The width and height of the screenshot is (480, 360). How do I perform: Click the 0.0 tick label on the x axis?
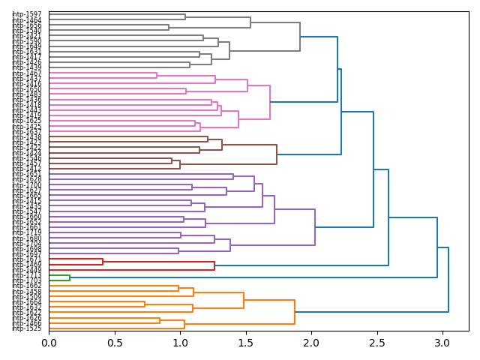(49, 343)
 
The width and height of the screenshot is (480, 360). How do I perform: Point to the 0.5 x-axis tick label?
(114, 343)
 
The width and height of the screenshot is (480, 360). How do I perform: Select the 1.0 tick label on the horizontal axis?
(180, 343)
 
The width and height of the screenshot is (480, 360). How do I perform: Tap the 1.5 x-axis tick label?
(245, 343)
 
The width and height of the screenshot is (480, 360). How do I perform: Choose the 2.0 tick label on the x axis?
(311, 343)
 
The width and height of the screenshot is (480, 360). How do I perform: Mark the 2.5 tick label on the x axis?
(376, 343)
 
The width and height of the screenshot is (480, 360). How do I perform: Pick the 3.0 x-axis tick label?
(442, 343)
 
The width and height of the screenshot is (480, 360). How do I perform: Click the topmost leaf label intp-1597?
(26, 14)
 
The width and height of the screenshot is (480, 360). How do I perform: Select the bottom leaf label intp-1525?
(26, 328)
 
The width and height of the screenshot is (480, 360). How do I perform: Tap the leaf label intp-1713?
(26, 275)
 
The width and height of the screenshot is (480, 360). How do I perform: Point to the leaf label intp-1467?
(26, 73)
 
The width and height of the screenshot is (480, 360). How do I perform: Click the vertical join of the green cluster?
(70, 278)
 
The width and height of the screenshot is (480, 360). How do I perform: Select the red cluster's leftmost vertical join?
(103, 262)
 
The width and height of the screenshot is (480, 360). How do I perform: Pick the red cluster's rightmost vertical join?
(214, 265)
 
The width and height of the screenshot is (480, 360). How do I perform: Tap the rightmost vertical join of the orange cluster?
(295, 312)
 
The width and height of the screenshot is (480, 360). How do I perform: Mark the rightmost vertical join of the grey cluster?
(300, 37)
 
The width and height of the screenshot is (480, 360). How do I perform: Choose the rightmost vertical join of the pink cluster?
(270, 102)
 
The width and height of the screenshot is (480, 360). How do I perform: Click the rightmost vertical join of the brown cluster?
(277, 154)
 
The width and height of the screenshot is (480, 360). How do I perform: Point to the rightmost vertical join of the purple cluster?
(315, 227)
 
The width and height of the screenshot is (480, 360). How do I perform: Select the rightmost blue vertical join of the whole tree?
(448, 280)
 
